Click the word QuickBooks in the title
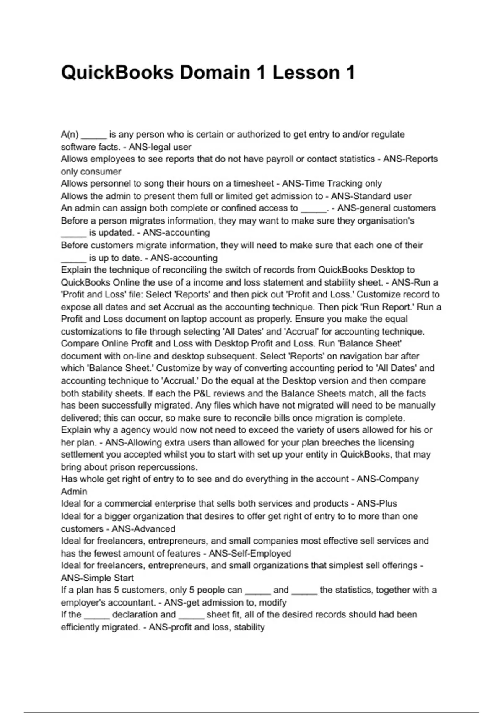coord(117,73)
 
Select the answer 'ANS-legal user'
coord(160,147)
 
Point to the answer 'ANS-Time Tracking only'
coord(332,183)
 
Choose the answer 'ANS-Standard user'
coord(371,196)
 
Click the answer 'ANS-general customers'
coord(386,208)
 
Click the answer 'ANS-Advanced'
coord(143,528)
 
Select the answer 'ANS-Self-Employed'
coord(250,553)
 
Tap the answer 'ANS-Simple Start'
coord(97,578)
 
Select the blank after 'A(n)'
coord(94,135)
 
